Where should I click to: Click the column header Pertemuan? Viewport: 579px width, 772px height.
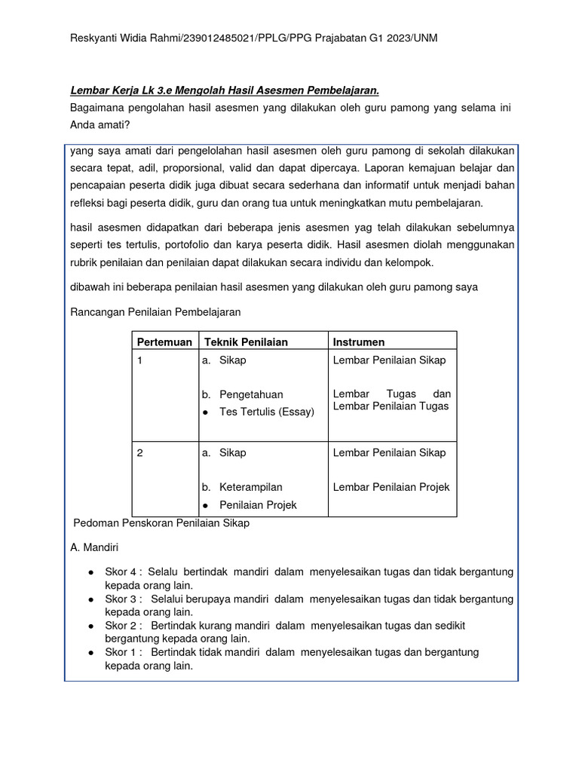[x=164, y=342]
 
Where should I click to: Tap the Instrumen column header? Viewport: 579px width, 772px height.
[x=359, y=342]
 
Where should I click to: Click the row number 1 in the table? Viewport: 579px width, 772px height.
[x=139, y=360]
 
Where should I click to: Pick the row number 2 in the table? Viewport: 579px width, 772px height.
[x=139, y=452]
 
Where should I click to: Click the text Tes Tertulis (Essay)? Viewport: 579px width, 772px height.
[x=267, y=412]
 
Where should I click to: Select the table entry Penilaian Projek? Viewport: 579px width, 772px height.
[x=258, y=504]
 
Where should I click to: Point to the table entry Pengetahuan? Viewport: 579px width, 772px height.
[x=250, y=394]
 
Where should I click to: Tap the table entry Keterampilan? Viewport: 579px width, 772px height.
[x=250, y=487]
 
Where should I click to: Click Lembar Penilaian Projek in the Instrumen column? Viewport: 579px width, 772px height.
[x=391, y=487]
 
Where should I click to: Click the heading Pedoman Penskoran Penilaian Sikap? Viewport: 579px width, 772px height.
[x=161, y=522]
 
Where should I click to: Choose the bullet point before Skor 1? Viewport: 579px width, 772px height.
[x=91, y=652]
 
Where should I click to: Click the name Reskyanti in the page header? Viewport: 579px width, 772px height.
[x=93, y=38]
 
